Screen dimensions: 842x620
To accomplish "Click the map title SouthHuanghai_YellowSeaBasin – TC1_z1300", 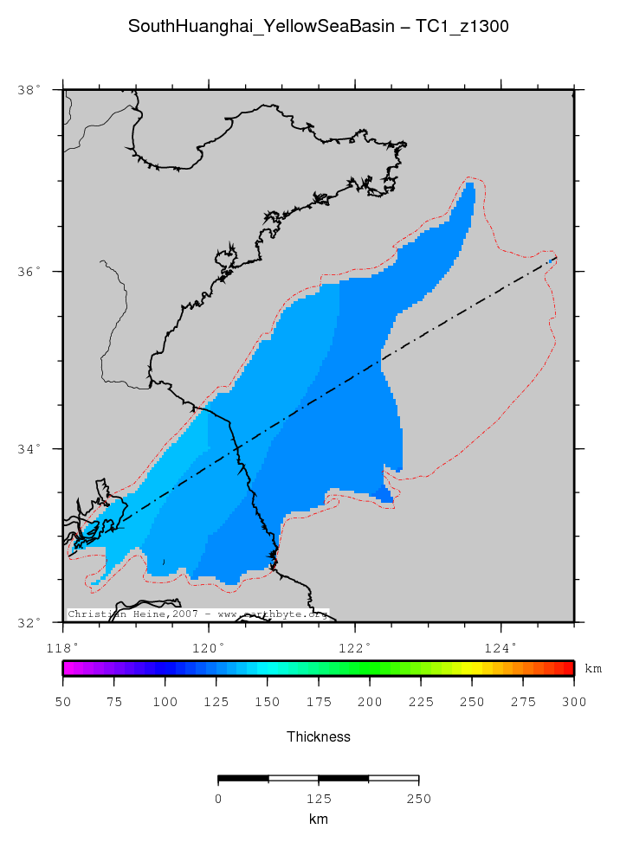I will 318,27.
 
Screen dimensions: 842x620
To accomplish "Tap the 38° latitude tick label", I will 29,90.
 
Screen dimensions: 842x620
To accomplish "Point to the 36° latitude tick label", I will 29,272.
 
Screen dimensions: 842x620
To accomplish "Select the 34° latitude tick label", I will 29,449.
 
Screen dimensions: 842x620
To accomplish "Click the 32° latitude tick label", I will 29,622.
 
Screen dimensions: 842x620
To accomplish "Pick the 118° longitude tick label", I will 63,646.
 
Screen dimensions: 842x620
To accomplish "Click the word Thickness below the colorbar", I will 318,737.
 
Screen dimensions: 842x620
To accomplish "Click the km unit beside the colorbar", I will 593,669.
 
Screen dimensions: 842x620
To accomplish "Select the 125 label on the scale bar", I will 319,799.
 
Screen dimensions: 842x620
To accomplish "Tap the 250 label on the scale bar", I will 419,799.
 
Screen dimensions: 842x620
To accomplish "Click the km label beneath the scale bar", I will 318,819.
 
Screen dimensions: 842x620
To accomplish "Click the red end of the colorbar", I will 568,668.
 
